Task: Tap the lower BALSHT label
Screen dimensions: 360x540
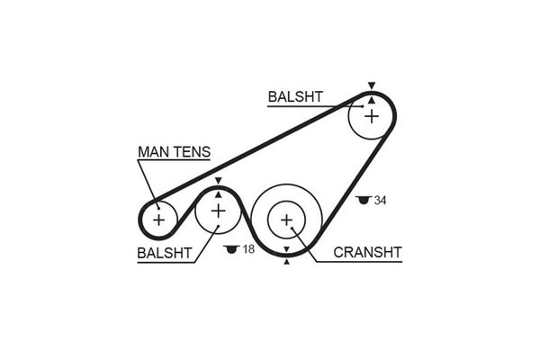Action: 165,253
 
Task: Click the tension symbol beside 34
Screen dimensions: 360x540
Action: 364,200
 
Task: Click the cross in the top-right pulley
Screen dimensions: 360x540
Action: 370,113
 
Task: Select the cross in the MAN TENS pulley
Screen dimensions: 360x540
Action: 159,219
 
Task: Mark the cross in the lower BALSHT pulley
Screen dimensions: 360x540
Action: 219,211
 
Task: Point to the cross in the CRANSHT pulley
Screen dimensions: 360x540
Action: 287,219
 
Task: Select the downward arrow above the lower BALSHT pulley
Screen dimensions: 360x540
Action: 219,182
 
